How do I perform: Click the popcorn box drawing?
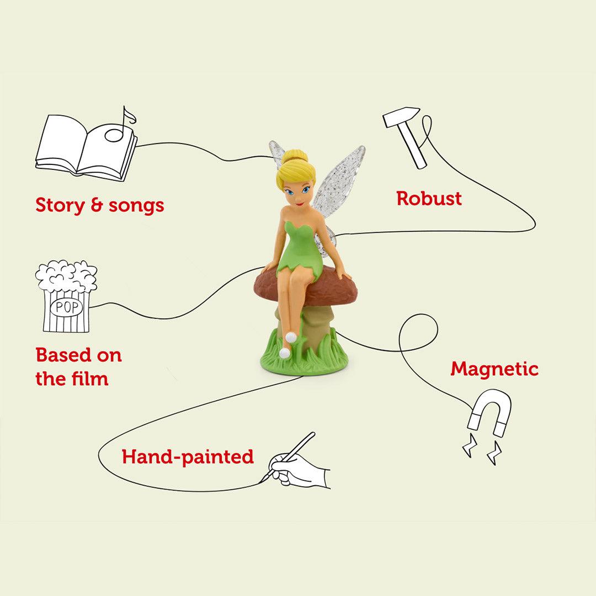(x=66, y=298)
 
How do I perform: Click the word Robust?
(x=429, y=199)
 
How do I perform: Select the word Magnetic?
(x=494, y=369)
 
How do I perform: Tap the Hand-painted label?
(x=188, y=457)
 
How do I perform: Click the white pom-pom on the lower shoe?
(x=284, y=353)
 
